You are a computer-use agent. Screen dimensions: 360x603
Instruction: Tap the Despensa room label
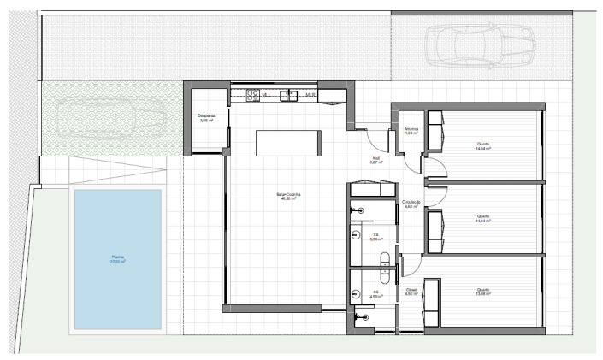(205, 115)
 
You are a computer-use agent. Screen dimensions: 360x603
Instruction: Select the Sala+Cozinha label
(289, 194)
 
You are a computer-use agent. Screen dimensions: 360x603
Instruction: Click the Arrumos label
(410, 129)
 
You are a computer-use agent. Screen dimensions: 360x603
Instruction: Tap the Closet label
(411, 290)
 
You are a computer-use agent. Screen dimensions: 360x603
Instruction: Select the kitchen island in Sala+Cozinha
(288, 143)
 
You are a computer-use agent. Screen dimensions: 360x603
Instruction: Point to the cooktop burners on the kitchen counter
(253, 94)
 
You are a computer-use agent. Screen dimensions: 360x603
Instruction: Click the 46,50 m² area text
(289, 198)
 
